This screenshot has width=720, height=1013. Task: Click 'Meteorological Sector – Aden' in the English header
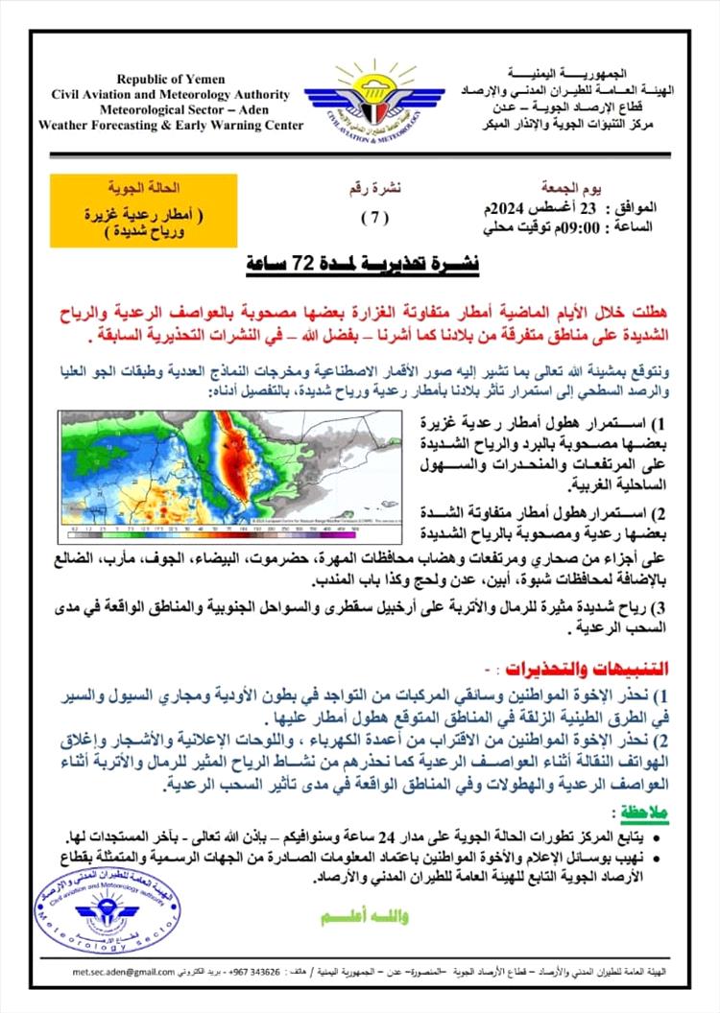tap(172, 109)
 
